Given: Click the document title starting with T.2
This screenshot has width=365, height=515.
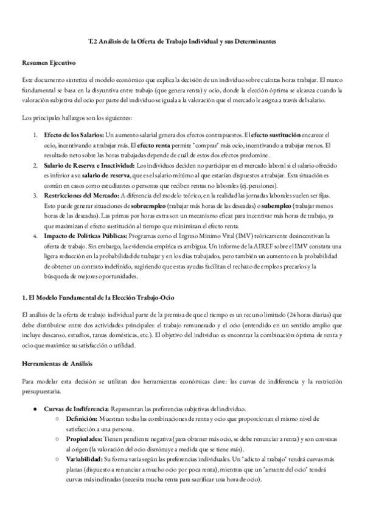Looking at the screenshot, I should tap(182, 42).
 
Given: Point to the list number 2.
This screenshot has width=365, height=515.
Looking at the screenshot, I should tap(35, 165).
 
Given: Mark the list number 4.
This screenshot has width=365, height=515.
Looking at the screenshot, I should tap(35, 238).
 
